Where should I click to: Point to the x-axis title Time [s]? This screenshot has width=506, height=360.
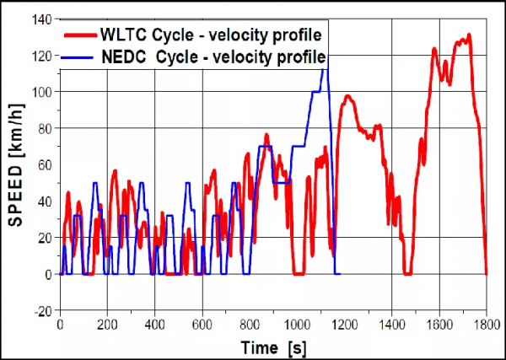point(271,347)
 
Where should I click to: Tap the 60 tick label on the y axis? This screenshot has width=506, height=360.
point(44,164)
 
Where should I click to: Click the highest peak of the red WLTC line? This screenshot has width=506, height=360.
point(468,35)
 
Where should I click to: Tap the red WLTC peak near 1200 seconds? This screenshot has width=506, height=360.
point(347,97)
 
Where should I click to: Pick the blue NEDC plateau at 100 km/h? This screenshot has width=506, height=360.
point(316,91)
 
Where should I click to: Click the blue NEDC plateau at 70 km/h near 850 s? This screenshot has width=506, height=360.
point(266,146)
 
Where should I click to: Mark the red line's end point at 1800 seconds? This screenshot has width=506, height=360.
point(487,273)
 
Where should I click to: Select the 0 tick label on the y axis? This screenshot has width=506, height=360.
point(49,274)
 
